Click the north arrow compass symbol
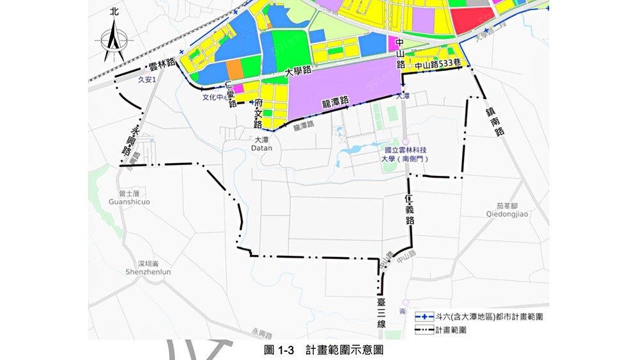(114, 40)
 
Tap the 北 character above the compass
(114, 12)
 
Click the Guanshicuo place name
(130, 201)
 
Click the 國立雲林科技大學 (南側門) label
(405, 154)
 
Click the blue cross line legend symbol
(423, 317)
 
